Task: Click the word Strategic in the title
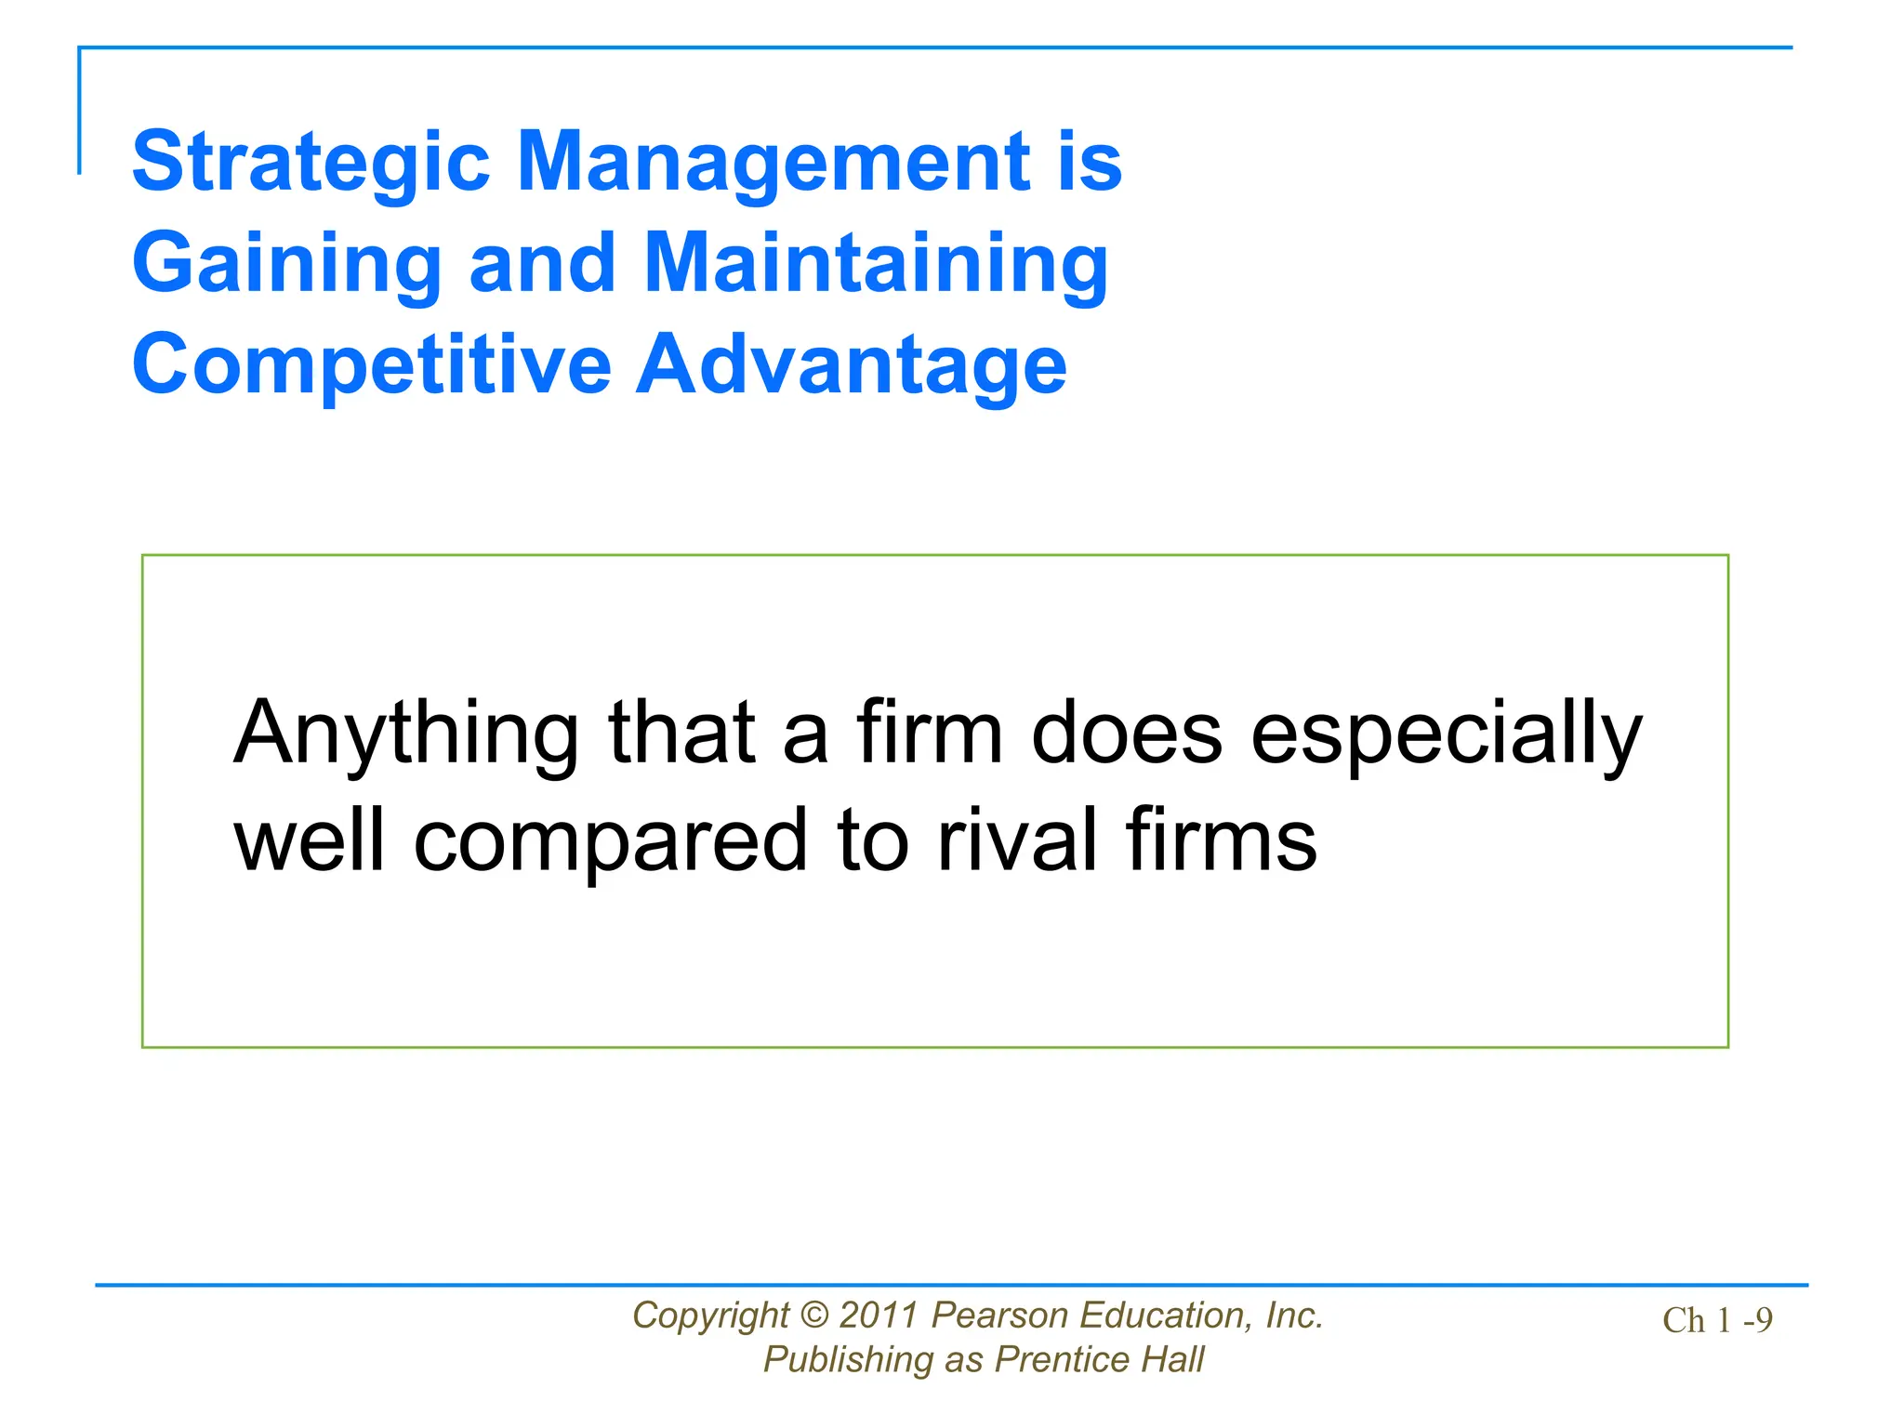[x=311, y=163]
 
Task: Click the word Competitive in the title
[x=372, y=364]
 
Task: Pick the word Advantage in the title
[x=852, y=364]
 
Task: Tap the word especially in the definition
[x=1447, y=734]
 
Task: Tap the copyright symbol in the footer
[x=814, y=1316]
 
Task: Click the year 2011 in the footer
[x=879, y=1316]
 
